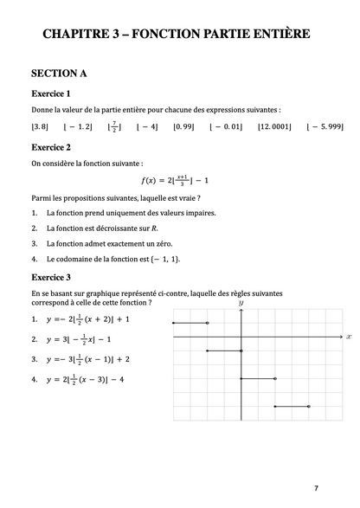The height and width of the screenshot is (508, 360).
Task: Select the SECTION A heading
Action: pos(59,74)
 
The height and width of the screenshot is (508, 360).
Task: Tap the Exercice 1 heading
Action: pos(51,93)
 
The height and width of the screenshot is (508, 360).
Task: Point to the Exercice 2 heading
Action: pos(51,147)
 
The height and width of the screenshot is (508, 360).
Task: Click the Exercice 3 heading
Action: pos(51,277)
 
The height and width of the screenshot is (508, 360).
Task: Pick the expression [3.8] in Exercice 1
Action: pos(40,127)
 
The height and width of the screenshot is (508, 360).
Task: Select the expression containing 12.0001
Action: pos(274,127)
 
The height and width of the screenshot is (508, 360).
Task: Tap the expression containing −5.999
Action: pos(325,127)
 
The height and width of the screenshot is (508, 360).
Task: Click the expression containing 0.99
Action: pos(183,127)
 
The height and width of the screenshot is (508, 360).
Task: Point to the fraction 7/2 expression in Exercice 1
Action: pos(114,127)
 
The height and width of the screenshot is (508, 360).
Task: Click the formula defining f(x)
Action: pos(176,180)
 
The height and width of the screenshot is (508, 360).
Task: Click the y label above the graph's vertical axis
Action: pos(241,303)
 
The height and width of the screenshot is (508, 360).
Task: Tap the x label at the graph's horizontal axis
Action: pos(348,336)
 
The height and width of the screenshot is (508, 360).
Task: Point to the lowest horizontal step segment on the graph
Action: pos(292,406)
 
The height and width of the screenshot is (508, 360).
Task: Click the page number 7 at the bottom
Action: pos(316,488)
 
